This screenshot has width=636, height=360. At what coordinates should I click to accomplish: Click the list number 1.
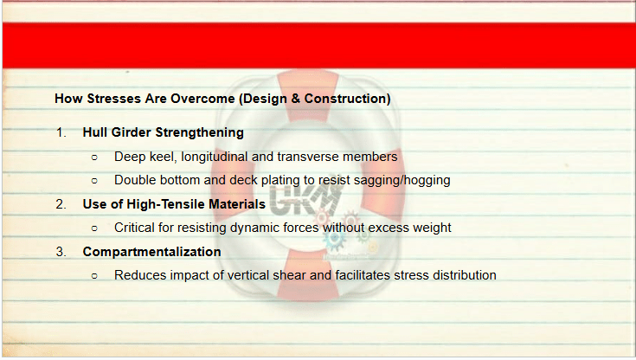61,132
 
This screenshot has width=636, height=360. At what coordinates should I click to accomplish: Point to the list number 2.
61,204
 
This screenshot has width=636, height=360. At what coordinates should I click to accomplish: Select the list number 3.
61,252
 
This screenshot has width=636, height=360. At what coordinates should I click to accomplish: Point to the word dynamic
253,228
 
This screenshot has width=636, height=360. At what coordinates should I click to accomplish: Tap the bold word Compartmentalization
151,252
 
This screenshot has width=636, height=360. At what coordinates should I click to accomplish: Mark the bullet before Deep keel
94,157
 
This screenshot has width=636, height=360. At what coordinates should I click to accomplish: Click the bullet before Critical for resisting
94,228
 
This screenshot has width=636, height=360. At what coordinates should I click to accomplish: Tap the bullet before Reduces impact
94,276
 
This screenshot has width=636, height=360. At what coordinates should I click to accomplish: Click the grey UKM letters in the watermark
306,200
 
